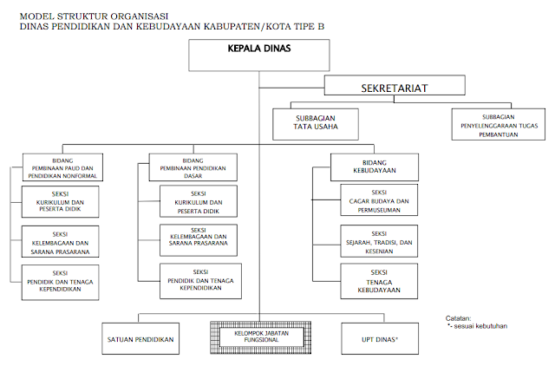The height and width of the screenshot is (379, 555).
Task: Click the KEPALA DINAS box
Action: [258, 54]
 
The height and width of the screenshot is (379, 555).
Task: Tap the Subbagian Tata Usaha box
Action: [316, 123]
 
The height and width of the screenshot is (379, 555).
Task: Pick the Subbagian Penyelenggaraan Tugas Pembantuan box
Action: [499, 123]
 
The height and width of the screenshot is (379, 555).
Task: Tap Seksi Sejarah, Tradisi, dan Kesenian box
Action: [378, 243]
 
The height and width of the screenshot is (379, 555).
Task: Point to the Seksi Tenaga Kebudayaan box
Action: [378, 281]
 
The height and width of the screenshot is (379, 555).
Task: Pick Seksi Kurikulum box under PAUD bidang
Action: [60, 205]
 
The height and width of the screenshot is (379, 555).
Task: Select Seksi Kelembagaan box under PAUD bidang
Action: [60, 243]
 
